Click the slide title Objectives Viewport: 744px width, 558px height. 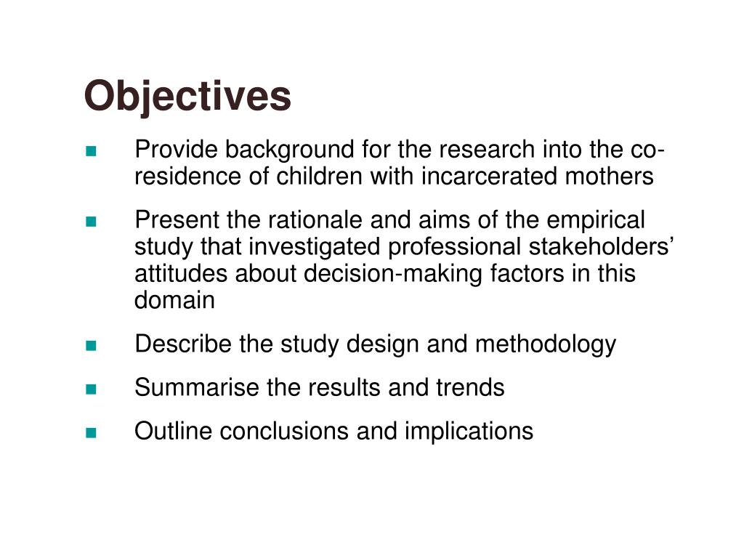[187, 96]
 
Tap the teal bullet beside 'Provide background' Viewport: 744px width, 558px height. [91, 152]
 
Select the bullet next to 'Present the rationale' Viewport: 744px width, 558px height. [91, 222]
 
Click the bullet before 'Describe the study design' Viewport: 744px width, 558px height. [91, 346]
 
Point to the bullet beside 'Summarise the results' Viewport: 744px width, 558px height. [91, 389]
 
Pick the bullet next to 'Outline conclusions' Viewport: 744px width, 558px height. [91, 433]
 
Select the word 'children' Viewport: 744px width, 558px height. [314, 177]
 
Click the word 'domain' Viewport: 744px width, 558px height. [175, 300]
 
